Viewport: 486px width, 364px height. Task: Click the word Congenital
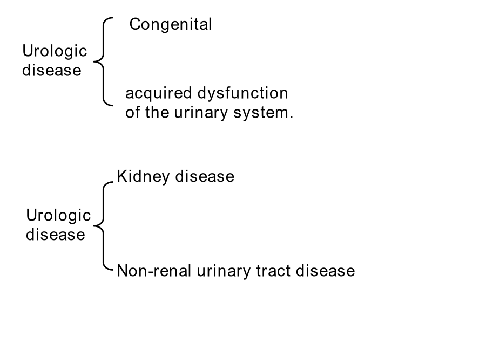click(x=171, y=25)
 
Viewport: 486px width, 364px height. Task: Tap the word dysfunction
click(x=242, y=93)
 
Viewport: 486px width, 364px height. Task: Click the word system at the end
click(x=260, y=113)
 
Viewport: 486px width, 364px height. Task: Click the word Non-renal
click(x=154, y=271)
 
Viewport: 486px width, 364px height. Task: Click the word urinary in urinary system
click(x=201, y=113)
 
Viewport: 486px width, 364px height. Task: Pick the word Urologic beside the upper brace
click(x=55, y=51)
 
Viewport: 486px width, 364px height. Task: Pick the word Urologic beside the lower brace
click(x=58, y=216)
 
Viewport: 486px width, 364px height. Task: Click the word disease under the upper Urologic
click(x=52, y=70)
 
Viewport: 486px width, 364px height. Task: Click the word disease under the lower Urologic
click(x=56, y=235)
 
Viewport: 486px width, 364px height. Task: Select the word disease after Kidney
click(x=205, y=176)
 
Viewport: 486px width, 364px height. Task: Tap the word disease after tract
click(x=326, y=271)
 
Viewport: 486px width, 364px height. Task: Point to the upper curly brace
click(x=103, y=61)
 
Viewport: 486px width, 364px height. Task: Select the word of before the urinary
click(x=132, y=112)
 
